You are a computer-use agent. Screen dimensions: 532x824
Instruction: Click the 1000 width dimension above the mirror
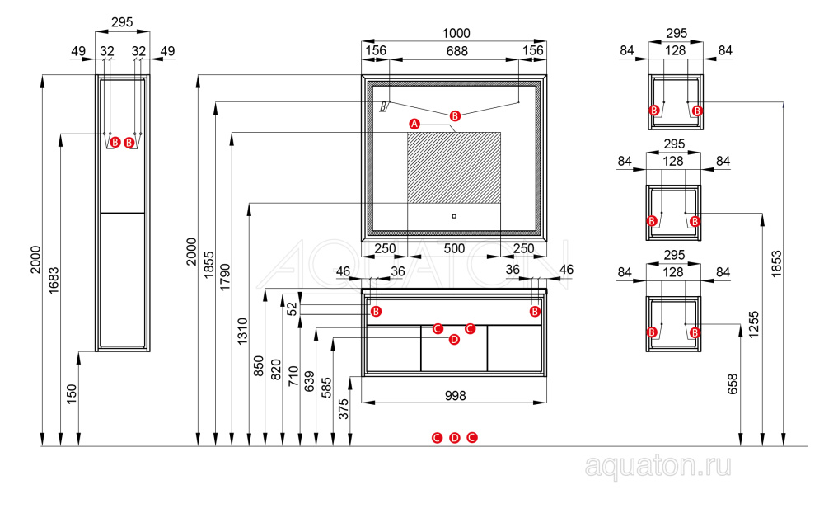456,33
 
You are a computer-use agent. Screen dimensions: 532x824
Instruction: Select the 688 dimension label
456,51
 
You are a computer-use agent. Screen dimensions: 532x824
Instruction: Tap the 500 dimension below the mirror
454,248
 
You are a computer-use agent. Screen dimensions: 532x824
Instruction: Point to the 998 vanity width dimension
454,395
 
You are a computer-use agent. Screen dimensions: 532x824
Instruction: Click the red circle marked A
414,124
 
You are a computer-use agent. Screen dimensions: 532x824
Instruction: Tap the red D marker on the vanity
454,339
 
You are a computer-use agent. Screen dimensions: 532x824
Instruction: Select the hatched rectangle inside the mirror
454,167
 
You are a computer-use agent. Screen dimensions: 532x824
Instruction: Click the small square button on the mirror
454,216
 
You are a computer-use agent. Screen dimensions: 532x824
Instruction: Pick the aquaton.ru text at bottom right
658,467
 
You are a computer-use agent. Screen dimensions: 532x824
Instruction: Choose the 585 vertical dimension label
325,386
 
